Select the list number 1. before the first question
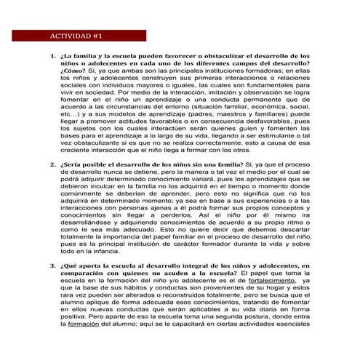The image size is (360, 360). [52, 55]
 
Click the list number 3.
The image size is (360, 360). [52, 266]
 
